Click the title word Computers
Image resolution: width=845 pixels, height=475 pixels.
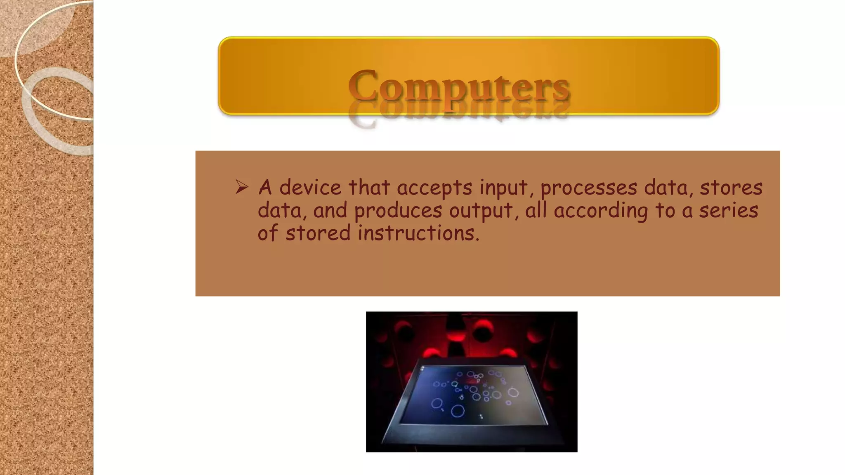(459, 86)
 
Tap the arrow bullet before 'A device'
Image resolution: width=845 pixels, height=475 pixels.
(242, 187)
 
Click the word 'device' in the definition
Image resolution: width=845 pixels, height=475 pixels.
(310, 188)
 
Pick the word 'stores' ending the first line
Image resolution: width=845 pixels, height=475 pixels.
(731, 188)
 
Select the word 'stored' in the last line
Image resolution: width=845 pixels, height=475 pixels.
(318, 233)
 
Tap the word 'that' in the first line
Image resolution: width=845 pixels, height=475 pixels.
(369, 188)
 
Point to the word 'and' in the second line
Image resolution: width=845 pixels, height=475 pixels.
(330, 211)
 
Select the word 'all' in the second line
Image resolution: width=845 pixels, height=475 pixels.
(536, 210)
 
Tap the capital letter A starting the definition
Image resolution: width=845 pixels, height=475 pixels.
(265, 188)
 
